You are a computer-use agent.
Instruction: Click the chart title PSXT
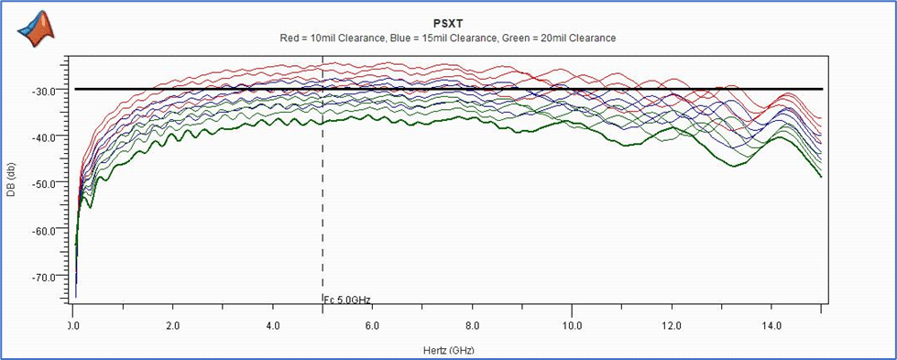pos(448,24)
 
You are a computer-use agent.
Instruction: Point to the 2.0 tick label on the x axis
pos(173,325)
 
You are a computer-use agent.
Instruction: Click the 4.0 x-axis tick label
pos(273,325)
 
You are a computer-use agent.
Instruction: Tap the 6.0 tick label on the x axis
pos(372,325)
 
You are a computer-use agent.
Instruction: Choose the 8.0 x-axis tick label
pos(473,325)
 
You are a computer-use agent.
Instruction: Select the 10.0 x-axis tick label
pos(572,325)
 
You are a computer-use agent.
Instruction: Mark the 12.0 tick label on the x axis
pos(673,325)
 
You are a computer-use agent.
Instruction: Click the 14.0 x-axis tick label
pos(771,325)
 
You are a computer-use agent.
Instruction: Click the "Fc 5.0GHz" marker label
pos(348,300)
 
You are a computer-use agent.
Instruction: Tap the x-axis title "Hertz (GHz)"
pos(449,349)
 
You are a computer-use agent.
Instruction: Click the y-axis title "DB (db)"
pos(10,181)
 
